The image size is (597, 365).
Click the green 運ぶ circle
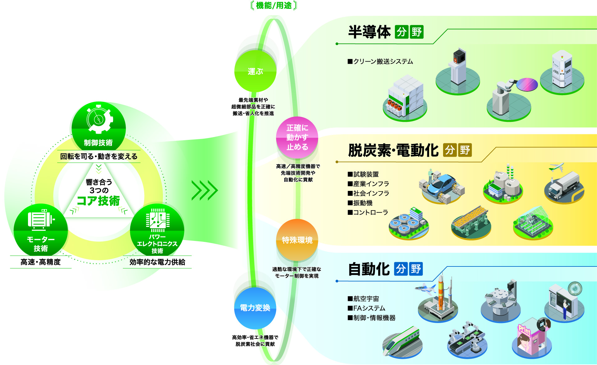pyautogui.click(x=255, y=71)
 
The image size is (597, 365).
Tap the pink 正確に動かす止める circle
pyautogui.click(x=297, y=137)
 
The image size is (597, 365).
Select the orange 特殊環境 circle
pyautogui.click(x=297, y=240)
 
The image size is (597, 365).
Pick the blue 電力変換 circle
pyautogui.click(x=255, y=308)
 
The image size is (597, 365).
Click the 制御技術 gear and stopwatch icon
pyautogui.click(x=99, y=120)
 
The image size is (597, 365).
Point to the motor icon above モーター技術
pyautogui.click(x=41, y=219)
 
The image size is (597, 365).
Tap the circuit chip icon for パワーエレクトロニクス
pyautogui.click(x=158, y=220)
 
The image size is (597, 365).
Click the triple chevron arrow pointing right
pyautogui.click(x=205, y=190)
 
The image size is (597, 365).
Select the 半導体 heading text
pyautogui.click(x=369, y=32)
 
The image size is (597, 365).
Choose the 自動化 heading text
pyautogui.click(x=369, y=269)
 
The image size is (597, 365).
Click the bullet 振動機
pyautogui.click(x=360, y=203)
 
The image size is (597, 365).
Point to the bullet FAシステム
pyautogui.click(x=367, y=308)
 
